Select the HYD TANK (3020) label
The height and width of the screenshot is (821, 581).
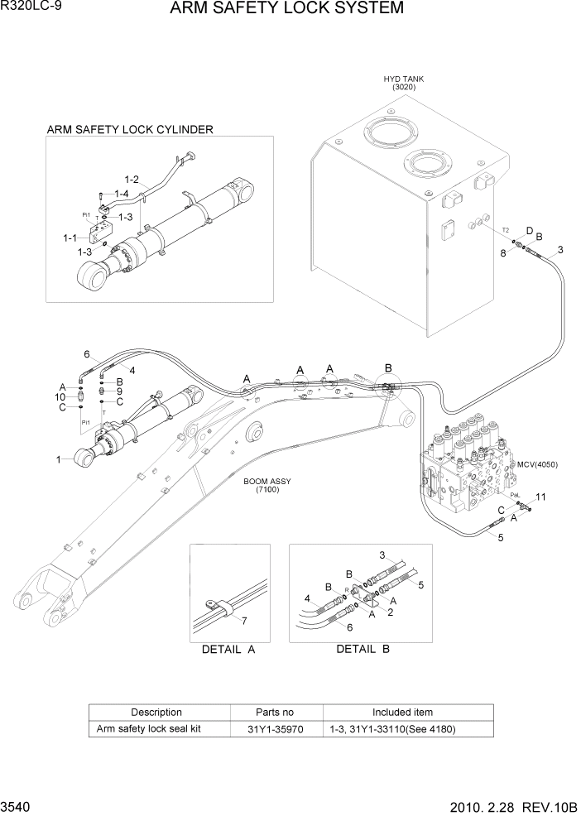coord(404,82)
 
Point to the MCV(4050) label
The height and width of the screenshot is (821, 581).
coord(537,463)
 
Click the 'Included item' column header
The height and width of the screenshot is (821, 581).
coord(402,712)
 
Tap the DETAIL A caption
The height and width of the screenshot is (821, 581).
coord(228,650)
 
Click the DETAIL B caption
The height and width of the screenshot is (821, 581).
coord(363,649)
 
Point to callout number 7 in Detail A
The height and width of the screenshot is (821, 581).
coord(242,619)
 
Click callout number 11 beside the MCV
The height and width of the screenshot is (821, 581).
coord(541,497)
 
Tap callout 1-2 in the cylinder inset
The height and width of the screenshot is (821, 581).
coord(132,179)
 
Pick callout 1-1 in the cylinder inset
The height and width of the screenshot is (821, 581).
coord(70,238)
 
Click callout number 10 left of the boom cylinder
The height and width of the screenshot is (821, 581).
coord(60,397)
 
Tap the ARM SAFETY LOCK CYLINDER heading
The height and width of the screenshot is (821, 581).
coord(130,129)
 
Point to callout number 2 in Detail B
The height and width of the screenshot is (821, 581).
coord(389,612)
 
